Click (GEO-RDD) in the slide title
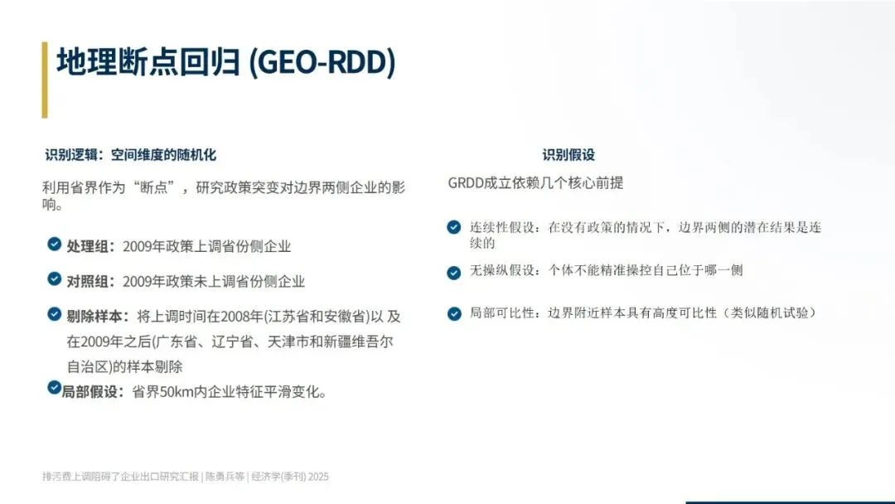click(322, 62)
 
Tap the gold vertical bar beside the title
click(45, 80)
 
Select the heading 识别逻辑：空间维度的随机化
click(131, 155)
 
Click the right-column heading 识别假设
click(568, 155)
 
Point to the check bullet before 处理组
click(54, 245)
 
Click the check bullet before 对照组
click(54, 279)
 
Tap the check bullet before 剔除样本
click(54, 314)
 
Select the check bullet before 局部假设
click(54, 388)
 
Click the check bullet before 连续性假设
click(454, 227)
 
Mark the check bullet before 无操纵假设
click(454, 273)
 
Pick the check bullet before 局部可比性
click(454, 314)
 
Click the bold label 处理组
click(87, 246)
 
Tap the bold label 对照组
click(87, 281)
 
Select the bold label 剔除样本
click(94, 317)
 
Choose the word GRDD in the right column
click(466, 183)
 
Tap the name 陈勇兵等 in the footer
click(225, 477)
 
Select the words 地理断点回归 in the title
click(148, 62)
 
